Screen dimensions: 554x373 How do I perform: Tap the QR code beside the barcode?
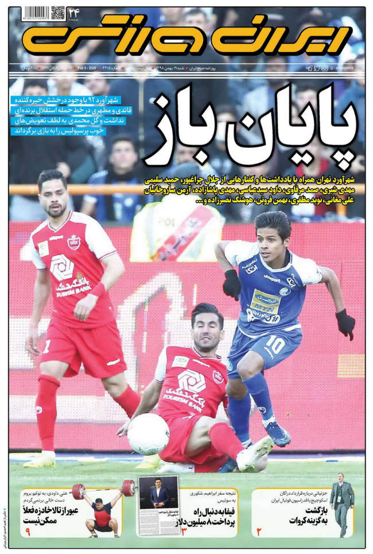click(x=58, y=13)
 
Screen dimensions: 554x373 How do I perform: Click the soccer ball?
click(x=148, y=434)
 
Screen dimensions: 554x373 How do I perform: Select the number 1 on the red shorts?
click(x=46, y=346)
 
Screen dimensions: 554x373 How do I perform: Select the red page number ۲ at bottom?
click(x=259, y=531)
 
